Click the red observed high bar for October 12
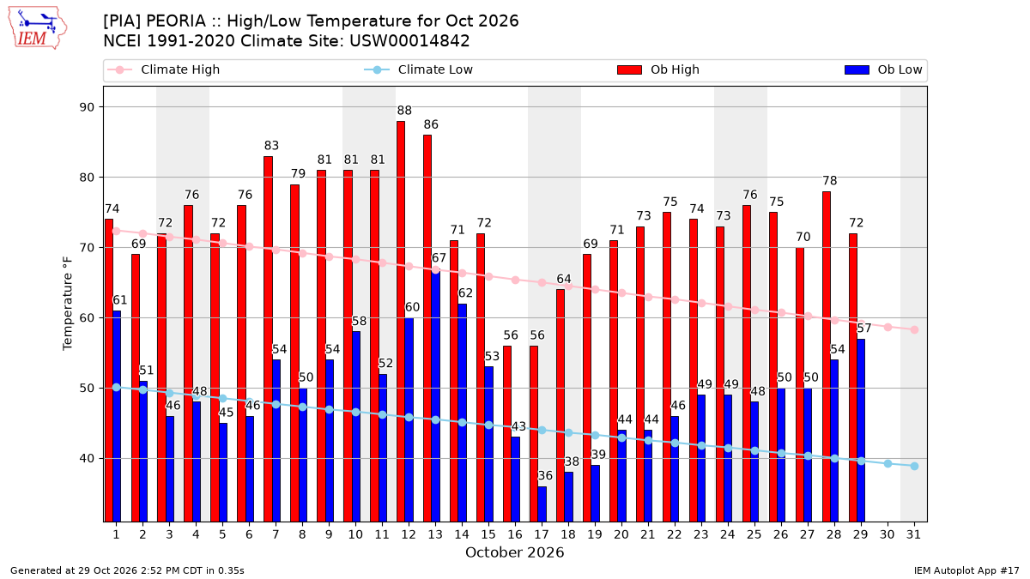pyautogui.click(x=401, y=321)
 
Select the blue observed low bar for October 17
pyautogui.click(x=542, y=504)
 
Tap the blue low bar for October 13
pyautogui.click(x=436, y=395)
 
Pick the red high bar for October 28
pyautogui.click(x=827, y=357)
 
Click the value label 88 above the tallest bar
pyautogui.click(x=404, y=111)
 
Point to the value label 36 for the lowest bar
pyautogui.click(x=545, y=475)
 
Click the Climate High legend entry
pyautogui.click(x=163, y=69)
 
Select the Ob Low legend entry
pyautogui.click(x=883, y=69)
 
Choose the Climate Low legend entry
pyautogui.click(x=419, y=69)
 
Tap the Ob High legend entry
pyautogui.click(x=658, y=69)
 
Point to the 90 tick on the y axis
pyautogui.click(x=87, y=107)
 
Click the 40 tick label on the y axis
pyautogui.click(x=87, y=459)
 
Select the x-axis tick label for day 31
pyautogui.click(x=913, y=534)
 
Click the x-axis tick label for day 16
pyautogui.click(x=515, y=534)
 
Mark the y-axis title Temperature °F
pyautogui.click(x=68, y=304)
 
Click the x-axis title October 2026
pyautogui.click(x=514, y=552)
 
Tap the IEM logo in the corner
pyautogui.click(x=37, y=28)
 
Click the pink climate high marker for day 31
pyautogui.click(x=915, y=330)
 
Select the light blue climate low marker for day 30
pyautogui.click(x=888, y=464)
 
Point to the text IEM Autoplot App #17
pyautogui.click(x=966, y=570)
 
